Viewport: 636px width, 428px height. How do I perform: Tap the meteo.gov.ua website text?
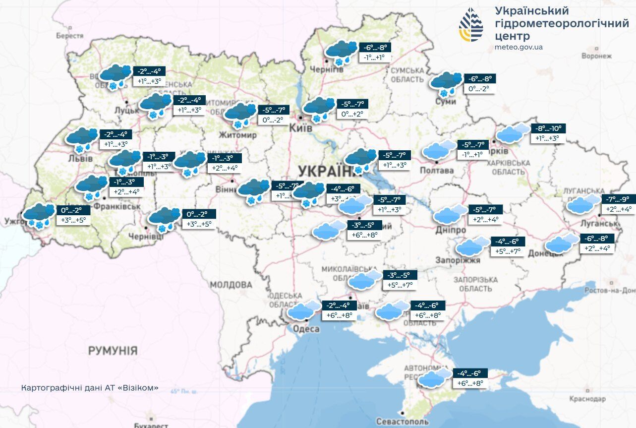(x=519, y=47)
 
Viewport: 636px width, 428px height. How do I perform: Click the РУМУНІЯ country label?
(x=113, y=351)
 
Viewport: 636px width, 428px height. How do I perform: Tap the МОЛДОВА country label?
(x=231, y=285)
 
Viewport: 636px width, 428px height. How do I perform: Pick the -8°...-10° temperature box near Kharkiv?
(x=548, y=128)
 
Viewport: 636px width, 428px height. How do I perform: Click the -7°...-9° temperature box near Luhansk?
(x=618, y=199)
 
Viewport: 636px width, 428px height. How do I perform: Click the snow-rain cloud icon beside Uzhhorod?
(x=39, y=215)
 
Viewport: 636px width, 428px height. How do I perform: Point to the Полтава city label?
(x=437, y=171)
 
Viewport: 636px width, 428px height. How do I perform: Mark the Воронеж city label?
(x=597, y=56)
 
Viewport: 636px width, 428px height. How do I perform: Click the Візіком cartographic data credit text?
(x=90, y=387)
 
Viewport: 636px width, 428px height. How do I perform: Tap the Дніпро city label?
(x=451, y=231)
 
